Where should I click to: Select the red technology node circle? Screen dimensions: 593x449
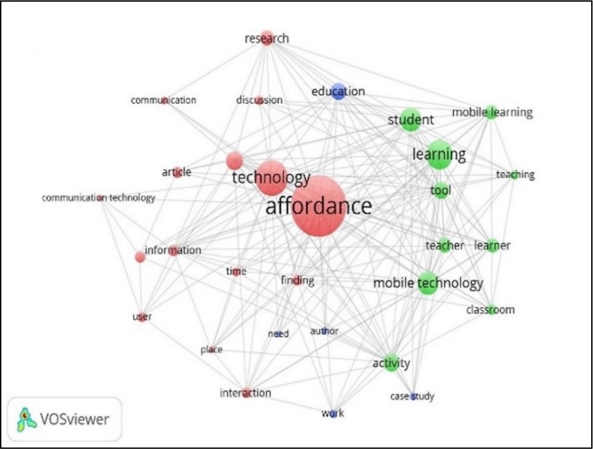pos(271,178)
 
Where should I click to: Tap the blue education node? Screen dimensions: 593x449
pos(338,93)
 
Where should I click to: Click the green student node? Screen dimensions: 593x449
pos(410,120)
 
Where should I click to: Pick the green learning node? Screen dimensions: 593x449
pos(439,156)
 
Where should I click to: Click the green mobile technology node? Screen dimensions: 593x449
pos(428,283)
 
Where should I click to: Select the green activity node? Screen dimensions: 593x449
pos(391,363)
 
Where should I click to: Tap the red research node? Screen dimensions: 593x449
pos(267,39)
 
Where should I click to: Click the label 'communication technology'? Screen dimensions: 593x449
pos(99,198)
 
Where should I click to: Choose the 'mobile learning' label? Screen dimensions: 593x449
pos(492,112)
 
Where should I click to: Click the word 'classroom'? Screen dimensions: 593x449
pos(490,310)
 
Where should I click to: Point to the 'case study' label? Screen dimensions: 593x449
pos(412,396)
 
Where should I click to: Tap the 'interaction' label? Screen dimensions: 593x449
pos(245,393)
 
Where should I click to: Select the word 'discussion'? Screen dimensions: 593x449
pos(259,100)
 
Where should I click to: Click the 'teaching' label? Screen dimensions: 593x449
pos(515,175)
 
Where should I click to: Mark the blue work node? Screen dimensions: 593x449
pos(333,413)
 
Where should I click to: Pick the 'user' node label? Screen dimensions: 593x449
pos(142,317)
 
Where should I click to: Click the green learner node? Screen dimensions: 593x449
pos(492,245)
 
